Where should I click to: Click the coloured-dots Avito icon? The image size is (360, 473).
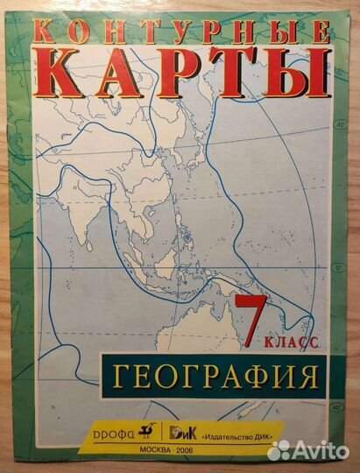pyautogui.click(x=279, y=450)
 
